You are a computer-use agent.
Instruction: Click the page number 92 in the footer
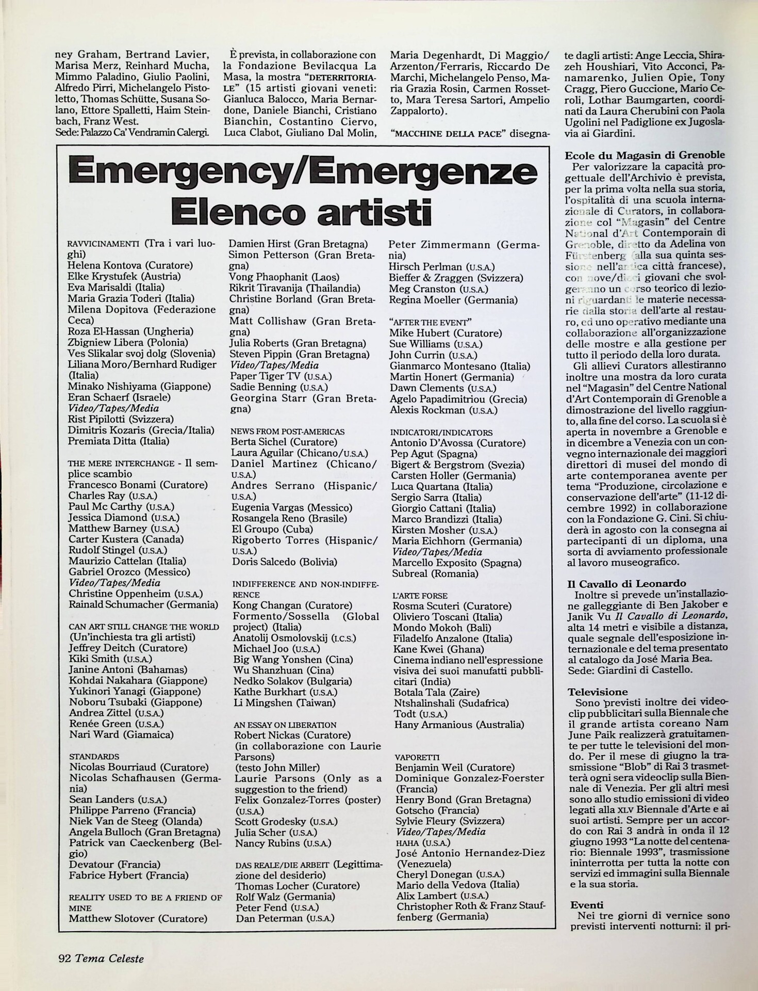tap(64, 958)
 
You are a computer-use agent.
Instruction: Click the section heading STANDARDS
tap(94, 757)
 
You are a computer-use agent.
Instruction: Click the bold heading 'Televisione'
tap(598, 692)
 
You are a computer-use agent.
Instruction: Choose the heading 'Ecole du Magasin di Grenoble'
tap(645, 155)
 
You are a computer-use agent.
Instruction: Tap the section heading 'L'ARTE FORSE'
tap(420, 596)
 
